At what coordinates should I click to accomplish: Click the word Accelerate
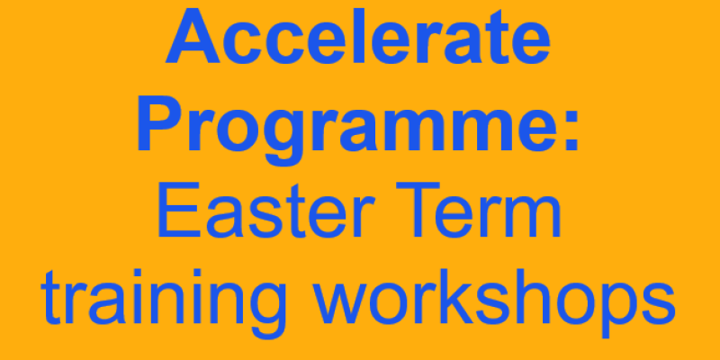tap(358, 40)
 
